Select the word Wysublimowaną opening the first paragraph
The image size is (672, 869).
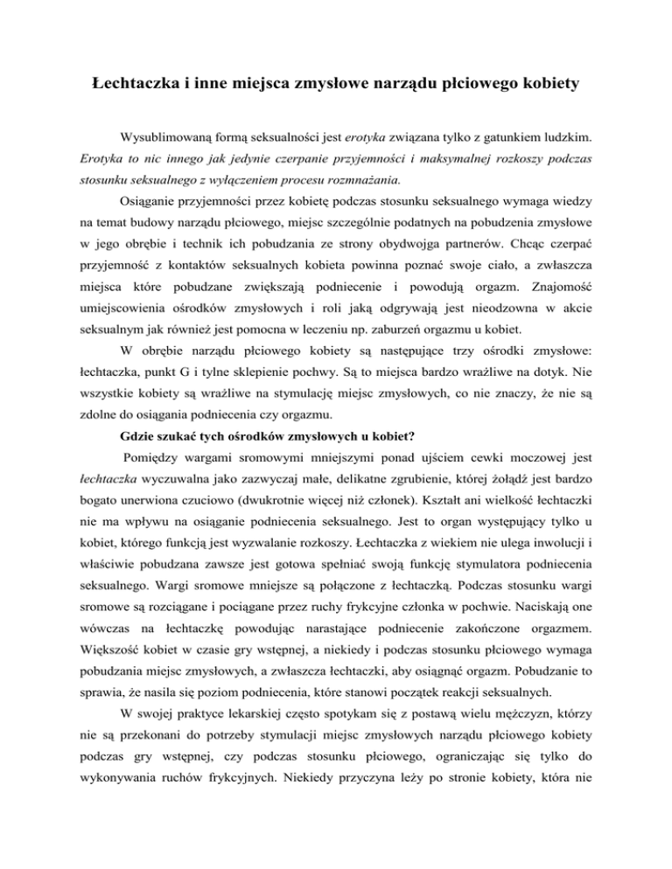tap(173, 138)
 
